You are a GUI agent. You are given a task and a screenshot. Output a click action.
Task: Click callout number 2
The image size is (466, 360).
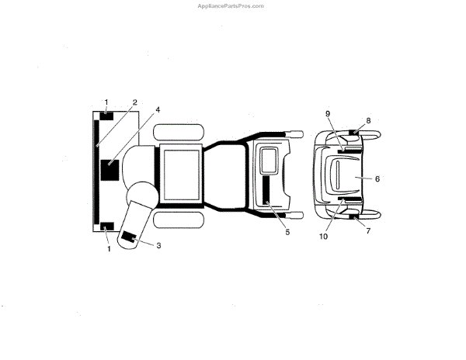(134, 102)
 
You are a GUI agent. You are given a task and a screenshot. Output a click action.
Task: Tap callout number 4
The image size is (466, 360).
(158, 110)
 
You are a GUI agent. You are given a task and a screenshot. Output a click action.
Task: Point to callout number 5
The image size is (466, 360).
(287, 231)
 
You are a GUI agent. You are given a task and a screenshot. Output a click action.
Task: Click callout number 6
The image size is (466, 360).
(377, 178)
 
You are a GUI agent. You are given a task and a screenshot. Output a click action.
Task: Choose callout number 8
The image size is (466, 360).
(368, 121)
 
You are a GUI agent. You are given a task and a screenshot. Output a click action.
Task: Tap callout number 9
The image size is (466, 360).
(328, 114)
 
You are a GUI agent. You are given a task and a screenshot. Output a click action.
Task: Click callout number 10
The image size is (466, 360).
(324, 236)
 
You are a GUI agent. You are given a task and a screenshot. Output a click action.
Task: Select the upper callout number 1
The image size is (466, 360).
(106, 102)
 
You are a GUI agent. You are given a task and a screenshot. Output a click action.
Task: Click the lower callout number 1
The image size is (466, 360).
(109, 248)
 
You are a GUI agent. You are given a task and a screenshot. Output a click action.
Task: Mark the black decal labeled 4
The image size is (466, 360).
(109, 170)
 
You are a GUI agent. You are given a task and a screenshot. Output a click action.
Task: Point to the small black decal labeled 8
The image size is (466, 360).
(354, 133)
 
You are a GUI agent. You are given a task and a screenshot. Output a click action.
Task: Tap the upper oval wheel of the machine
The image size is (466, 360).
(179, 130)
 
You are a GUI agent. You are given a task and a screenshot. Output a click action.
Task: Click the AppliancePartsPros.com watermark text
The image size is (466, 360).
(232, 5)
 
